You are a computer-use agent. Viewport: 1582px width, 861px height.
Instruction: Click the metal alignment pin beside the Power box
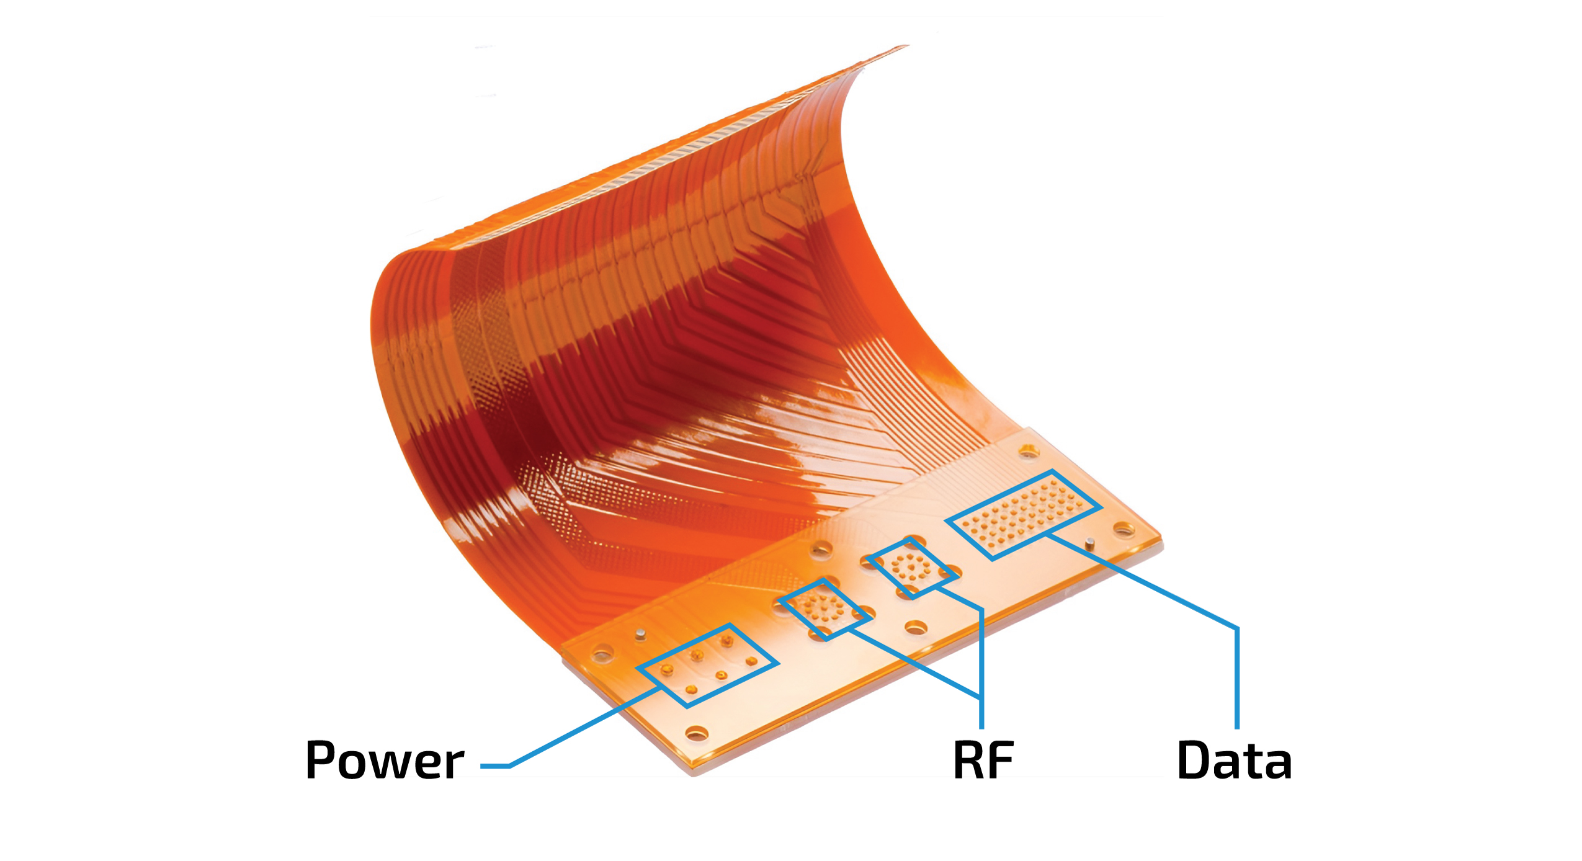pos(641,633)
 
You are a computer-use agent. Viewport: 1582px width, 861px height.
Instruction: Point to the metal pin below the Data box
pos(1089,543)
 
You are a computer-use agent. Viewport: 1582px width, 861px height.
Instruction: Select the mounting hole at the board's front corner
pos(696,733)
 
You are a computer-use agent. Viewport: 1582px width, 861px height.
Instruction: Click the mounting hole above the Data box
pos(1029,451)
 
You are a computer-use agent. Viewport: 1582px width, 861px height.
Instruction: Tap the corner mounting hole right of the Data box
pos(1124,529)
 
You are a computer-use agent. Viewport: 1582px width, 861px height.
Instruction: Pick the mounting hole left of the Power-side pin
pos(601,653)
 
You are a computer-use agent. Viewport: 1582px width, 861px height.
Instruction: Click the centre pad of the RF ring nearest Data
pos(911,566)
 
